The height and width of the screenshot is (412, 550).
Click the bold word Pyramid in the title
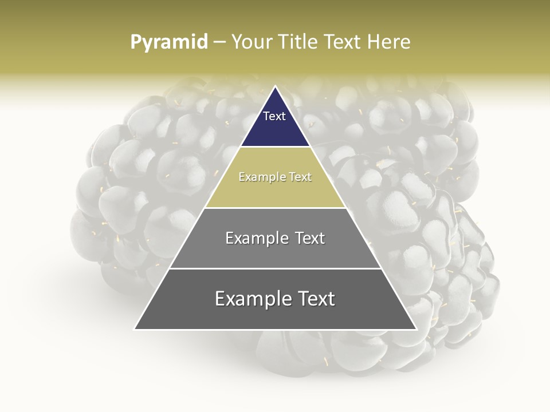click(x=169, y=42)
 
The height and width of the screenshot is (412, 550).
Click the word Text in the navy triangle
click(x=274, y=116)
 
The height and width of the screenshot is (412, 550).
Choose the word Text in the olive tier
click(x=300, y=177)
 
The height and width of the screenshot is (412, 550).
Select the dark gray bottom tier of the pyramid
click(x=275, y=315)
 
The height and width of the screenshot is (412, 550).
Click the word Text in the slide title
click(x=341, y=42)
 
